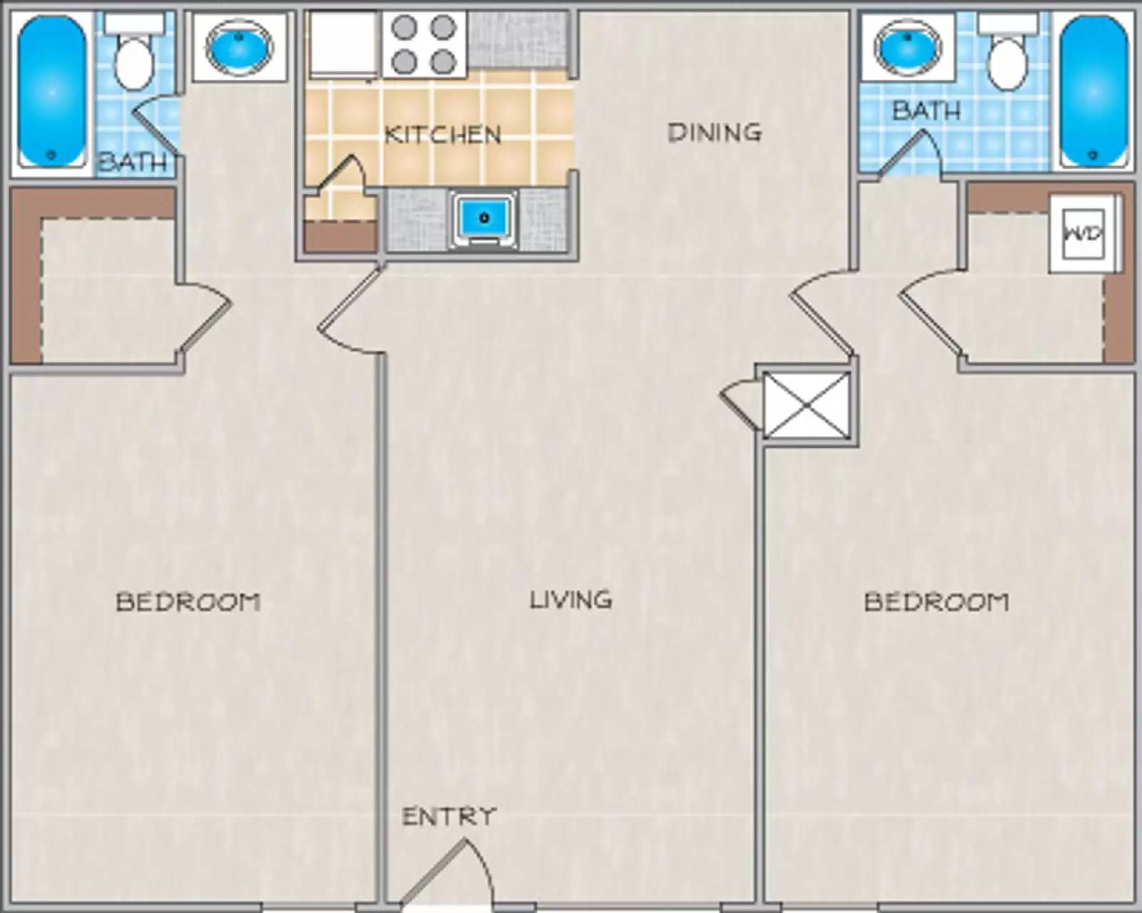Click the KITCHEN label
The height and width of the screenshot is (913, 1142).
443,134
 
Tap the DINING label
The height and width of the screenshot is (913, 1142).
714,132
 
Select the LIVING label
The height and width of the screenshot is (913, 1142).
570,599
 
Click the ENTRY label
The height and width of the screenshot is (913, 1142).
448,816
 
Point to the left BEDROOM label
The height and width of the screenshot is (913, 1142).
188,601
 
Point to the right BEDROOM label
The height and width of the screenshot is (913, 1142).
936,601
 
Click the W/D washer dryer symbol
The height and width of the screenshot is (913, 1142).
1083,233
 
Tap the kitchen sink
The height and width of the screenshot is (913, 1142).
485,217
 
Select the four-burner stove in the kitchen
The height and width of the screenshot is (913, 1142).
424,44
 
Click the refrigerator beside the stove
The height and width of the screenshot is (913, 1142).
343,43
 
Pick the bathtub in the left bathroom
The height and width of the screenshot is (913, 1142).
51,91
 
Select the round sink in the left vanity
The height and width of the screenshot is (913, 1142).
238,46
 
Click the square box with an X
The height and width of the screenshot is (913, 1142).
807,404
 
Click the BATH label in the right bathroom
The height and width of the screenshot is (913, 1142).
926,111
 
